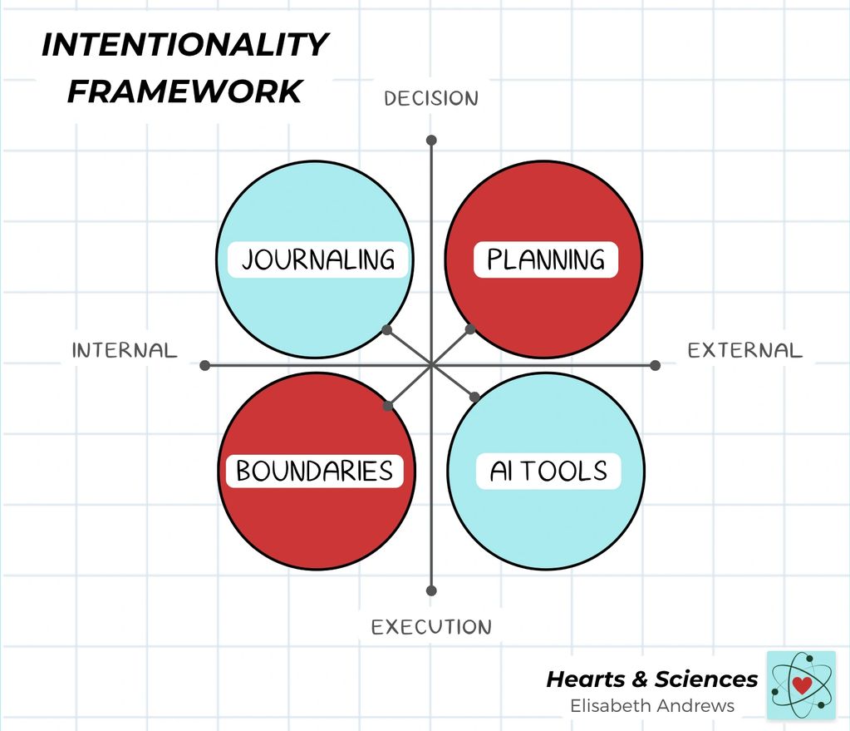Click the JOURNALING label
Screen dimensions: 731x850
click(x=318, y=259)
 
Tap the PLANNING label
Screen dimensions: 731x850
click(x=545, y=259)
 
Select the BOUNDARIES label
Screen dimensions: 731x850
click(x=314, y=471)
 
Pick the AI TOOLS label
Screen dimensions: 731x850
click(x=548, y=472)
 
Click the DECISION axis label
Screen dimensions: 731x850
click(x=431, y=98)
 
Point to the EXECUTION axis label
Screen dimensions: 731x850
click(x=431, y=626)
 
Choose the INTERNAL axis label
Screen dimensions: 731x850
click(x=125, y=350)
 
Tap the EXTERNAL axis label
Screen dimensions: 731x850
click(x=745, y=350)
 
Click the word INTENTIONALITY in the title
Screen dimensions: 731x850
click(x=185, y=45)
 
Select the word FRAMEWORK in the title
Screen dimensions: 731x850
click(x=184, y=91)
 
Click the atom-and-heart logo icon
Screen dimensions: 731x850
click(x=801, y=685)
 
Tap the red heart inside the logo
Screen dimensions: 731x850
click(x=802, y=685)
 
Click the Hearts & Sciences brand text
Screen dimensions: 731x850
click(x=652, y=679)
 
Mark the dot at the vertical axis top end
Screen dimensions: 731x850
click(x=431, y=140)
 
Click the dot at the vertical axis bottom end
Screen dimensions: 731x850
click(x=431, y=590)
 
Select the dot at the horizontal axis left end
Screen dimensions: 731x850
click(x=205, y=365)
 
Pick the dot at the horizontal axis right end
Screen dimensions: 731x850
click(x=655, y=365)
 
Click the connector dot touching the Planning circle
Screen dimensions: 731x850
click(x=470, y=329)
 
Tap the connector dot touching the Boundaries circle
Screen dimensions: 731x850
click(x=388, y=407)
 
